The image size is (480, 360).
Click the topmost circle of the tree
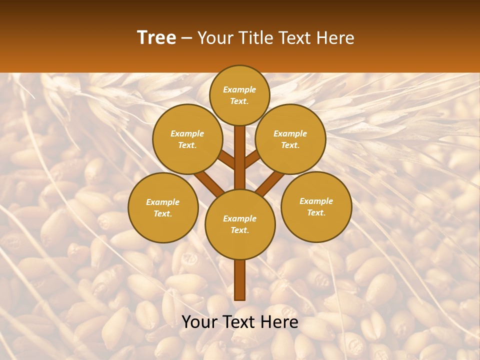click(x=239, y=95)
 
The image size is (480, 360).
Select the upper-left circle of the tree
click(x=187, y=139)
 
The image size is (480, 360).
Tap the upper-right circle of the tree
click(x=290, y=139)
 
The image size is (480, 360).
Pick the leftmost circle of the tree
click(x=163, y=207)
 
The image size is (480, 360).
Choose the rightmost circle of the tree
click(x=316, y=206)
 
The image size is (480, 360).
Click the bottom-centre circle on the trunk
click(x=240, y=224)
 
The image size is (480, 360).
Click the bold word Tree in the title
click(x=156, y=37)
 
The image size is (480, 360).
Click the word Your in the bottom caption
click(x=200, y=322)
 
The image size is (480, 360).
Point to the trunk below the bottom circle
click(x=240, y=280)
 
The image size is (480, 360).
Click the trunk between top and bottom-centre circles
click(x=240, y=157)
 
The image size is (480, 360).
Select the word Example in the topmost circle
click(x=239, y=89)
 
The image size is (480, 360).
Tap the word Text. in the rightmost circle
click(x=316, y=212)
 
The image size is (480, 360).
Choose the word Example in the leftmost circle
click(x=162, y=202)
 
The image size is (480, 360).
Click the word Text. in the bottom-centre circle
click(x=239, y=230)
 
